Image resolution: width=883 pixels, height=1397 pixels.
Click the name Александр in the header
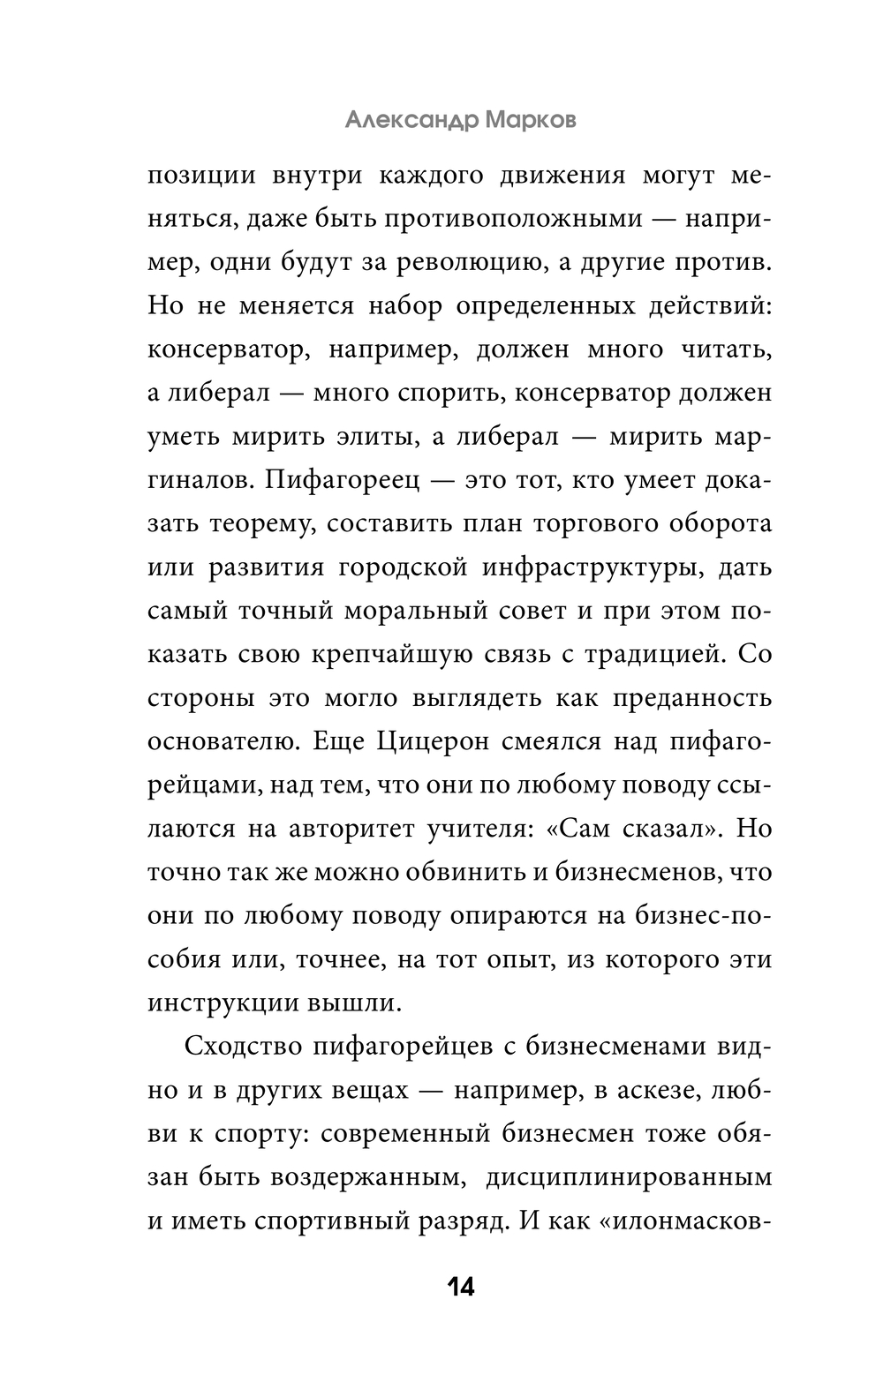coord(410,120)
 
